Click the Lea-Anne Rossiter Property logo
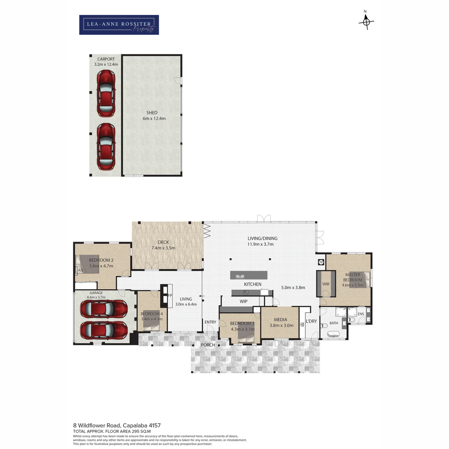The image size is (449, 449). pos(119,25)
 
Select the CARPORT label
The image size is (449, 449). pos(106,59)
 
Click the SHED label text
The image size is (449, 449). pos(152,113)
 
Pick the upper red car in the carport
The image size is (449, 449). pos(106,94)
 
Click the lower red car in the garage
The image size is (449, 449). pos(104,330)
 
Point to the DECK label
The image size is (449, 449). pos(163,242)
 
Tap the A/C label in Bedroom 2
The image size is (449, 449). pos(81,271)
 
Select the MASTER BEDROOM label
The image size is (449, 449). pos(352,277)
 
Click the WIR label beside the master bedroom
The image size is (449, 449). pos(326,284)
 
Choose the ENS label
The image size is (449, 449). pos(361,314)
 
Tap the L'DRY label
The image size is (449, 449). pos(311,321)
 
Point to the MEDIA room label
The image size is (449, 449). pos(280,320)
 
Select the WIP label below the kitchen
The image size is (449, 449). pos(244,301)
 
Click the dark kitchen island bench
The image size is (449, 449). pos(249,275)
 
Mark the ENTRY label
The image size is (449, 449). pos(210,322)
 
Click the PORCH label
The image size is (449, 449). pos(208,345)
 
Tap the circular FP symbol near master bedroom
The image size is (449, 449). pos(321,262)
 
